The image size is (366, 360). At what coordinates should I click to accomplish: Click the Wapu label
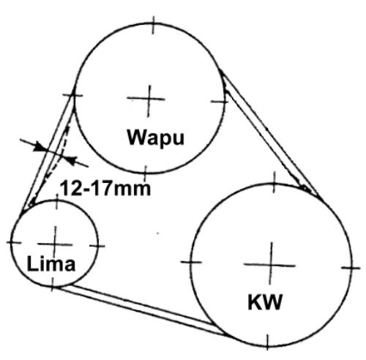(156, 138)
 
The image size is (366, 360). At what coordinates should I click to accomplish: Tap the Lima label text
(51, 263)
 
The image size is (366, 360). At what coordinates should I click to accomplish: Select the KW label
(265, 302)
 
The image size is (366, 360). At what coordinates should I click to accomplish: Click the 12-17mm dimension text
(105, 188)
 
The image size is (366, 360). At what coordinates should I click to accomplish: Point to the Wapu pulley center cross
(147, 100)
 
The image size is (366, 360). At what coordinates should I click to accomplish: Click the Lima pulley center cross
(55, 244)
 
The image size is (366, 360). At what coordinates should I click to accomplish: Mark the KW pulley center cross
(270, 265)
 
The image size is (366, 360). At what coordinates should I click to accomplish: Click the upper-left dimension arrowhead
(39, 147)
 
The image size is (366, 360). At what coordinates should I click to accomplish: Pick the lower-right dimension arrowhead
(71, 160)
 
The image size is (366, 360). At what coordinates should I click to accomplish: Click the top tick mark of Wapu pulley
(153, 25)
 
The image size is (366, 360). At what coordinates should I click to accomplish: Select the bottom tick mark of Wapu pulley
(146, 173)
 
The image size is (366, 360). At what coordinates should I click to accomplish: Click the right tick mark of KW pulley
(351, 268)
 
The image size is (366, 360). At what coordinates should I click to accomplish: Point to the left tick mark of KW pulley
(191, 262)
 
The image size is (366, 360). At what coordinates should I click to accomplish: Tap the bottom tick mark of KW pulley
(267, 342)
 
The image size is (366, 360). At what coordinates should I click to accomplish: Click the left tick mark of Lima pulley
(14, 242)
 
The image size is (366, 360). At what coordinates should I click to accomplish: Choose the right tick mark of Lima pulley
(97, 246)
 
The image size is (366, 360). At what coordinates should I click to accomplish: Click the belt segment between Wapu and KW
(270, 133)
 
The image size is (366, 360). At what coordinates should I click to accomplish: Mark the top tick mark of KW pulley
(274, 182)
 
